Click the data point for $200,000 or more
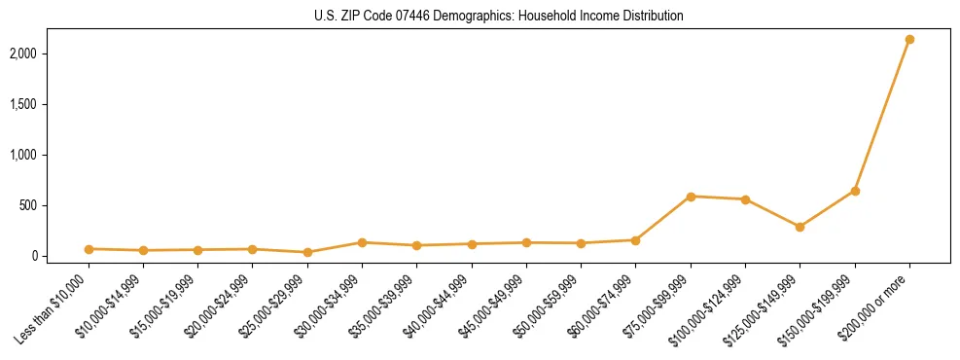click(909, 40)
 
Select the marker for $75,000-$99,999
click(691, 197)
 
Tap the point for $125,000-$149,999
click(800, 227)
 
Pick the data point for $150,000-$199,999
click(855, 191)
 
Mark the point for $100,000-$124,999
click(745, 199)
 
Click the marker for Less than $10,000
click(89, 249)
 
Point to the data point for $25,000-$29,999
click(307, 252)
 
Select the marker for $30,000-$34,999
click(362, 242)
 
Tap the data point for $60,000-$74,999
click(635, 240)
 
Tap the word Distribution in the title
click(653, 17)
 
